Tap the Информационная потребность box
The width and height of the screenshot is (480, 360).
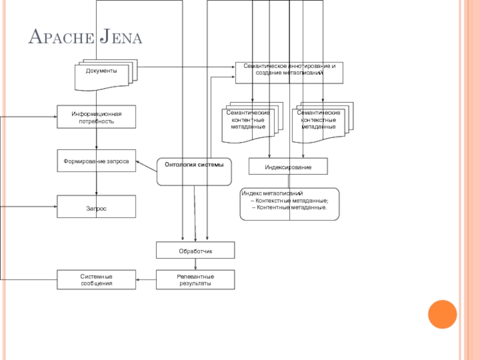[x=97, y=117]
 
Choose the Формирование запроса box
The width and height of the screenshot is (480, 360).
[x=97, y=161]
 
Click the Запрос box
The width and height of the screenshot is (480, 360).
[x=97, y=207]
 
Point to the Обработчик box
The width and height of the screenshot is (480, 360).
[x=196, y=250]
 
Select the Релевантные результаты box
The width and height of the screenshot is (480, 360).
[x=196, y=280]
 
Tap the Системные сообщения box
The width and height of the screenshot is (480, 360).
[x=97, y=280]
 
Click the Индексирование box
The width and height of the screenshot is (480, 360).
[x=289, y=166]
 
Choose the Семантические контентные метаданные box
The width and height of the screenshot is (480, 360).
[x=248, y=122]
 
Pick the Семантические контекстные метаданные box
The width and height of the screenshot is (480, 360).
[x=319, y=122]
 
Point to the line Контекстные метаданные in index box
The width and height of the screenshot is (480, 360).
[x=292, y=200]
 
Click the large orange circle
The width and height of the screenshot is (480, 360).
[x=442, y=314]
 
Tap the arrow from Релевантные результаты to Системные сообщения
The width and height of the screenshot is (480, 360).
[x=146, y=280]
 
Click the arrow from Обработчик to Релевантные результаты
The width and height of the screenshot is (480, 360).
[x=196, y=264]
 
